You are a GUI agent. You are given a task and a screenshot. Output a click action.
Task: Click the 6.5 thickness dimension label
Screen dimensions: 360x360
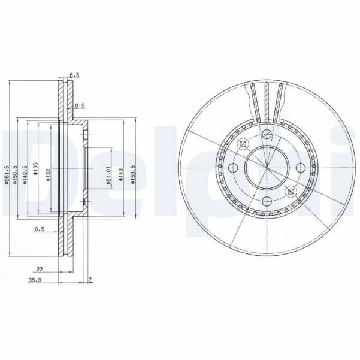tap(74, 76)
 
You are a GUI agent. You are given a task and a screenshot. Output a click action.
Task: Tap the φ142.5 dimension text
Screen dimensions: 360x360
tap(25, 174)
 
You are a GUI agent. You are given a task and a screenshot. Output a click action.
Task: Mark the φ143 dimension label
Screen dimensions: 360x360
tap(121, 174)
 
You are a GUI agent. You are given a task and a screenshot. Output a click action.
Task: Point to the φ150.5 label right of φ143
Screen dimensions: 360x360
tap(133, 174)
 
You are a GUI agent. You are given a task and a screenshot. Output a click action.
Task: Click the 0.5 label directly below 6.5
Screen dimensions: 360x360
tap(80, 107)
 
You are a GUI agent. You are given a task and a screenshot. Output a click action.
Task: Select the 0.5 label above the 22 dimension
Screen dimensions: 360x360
tap(40, 229)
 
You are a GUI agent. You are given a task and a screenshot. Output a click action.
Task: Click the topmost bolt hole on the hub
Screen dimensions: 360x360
tap(265, 134)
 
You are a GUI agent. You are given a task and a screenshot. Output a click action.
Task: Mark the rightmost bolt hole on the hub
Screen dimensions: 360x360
tap(300, 168)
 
